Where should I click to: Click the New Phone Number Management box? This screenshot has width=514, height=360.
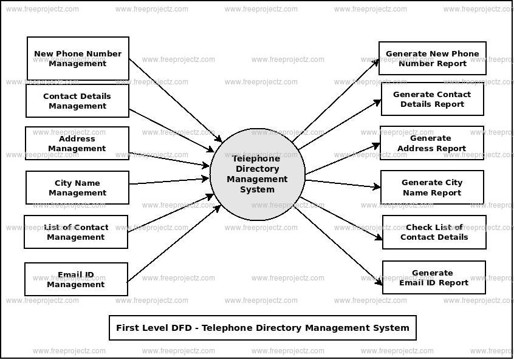pyautogui.click(x=78, y=58)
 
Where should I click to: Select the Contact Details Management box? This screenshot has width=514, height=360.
pyautogui.click(x=77, y=101)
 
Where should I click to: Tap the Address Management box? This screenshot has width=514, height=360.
pyautogui.click(x=77, y=143)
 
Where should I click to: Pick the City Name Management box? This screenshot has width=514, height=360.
pyautogui.click(x=77, y=188)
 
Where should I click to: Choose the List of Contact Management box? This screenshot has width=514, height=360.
pyautogui.click(x=76, y=232)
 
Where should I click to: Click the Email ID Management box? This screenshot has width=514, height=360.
pyautogui.click(x=76, y=279)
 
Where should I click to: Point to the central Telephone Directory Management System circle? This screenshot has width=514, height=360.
pyautogui.click(x=257, y=175)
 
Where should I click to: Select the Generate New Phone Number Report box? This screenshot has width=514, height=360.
pyautogui.click(x=432, y=58)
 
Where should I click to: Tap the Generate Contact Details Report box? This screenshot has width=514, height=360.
pyautogui.click(x=432, y=99)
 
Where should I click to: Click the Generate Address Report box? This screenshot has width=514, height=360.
pyautogui.click(x=431, y=143)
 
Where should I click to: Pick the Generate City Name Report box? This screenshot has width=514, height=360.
pyautogui.click(x=431, y=188)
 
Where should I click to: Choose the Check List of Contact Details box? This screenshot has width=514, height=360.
pyautogui.click(x=434, y=232)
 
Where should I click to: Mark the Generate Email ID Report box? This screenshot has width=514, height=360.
pyautogui.click(x=433, y=277)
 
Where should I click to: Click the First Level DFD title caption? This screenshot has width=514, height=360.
pyautogui.click(x=262, y=328)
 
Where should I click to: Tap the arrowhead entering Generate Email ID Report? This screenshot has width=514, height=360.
pyautogui.click(x=379, y=282)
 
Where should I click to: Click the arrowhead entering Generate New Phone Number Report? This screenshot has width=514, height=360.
pyautogui.click(x=376, y=62)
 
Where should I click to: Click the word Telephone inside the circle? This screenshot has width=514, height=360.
pyautogui.click(x=256, y=158)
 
